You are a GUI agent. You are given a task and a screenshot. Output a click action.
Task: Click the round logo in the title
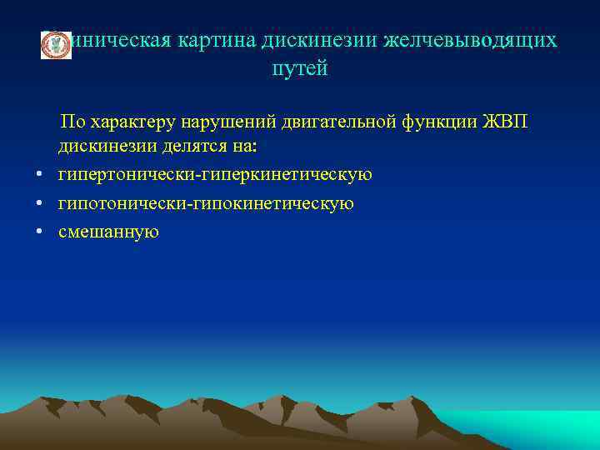click(56, 45)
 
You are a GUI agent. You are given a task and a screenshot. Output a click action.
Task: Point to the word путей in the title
click(300, 69)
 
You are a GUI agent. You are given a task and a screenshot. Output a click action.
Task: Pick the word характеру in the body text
click(129, 122)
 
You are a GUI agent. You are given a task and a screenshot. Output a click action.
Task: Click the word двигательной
click(328, 122)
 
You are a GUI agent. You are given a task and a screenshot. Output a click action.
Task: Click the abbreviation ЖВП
click(503, 122)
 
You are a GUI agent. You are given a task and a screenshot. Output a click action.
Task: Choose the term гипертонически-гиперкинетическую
click(215, 175)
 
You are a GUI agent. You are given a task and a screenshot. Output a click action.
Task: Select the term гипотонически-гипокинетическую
click(206, 202)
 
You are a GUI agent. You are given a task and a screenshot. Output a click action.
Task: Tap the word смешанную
click(108, 231)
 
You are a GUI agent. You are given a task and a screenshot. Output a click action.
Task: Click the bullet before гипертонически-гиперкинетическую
click(39, 175)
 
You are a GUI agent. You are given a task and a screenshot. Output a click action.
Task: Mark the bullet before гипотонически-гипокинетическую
click(39, 202)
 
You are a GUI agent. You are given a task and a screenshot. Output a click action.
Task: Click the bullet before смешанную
click(39, 231)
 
